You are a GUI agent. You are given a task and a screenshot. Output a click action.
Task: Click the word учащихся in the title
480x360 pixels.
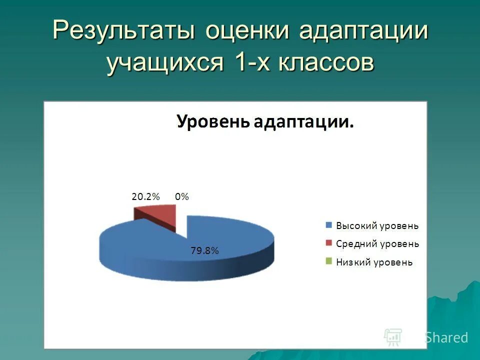(163, 63)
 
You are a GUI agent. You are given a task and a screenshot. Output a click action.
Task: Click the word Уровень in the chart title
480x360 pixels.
(212, 121)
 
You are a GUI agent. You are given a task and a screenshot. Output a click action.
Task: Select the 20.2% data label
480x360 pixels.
(145, 197)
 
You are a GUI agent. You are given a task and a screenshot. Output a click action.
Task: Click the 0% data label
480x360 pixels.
(182, 197)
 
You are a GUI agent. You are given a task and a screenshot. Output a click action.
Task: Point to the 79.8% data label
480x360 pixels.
(204, 251)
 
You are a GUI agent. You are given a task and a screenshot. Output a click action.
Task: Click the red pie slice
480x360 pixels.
(160, 215)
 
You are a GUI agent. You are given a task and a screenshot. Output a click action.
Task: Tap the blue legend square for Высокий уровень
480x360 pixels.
(328, 225)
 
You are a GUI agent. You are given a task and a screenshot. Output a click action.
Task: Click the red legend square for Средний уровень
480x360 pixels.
(328, 243)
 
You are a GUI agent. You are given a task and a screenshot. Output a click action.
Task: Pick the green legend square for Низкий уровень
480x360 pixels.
(328, 261)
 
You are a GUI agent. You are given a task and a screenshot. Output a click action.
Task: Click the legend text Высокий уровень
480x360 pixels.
(377, 225)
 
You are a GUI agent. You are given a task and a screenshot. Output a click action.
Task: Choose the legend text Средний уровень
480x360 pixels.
(377, 244)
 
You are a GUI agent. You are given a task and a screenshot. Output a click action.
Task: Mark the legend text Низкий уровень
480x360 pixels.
(374, 262)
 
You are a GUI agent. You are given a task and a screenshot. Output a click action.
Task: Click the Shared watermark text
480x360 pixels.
(446, 337)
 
